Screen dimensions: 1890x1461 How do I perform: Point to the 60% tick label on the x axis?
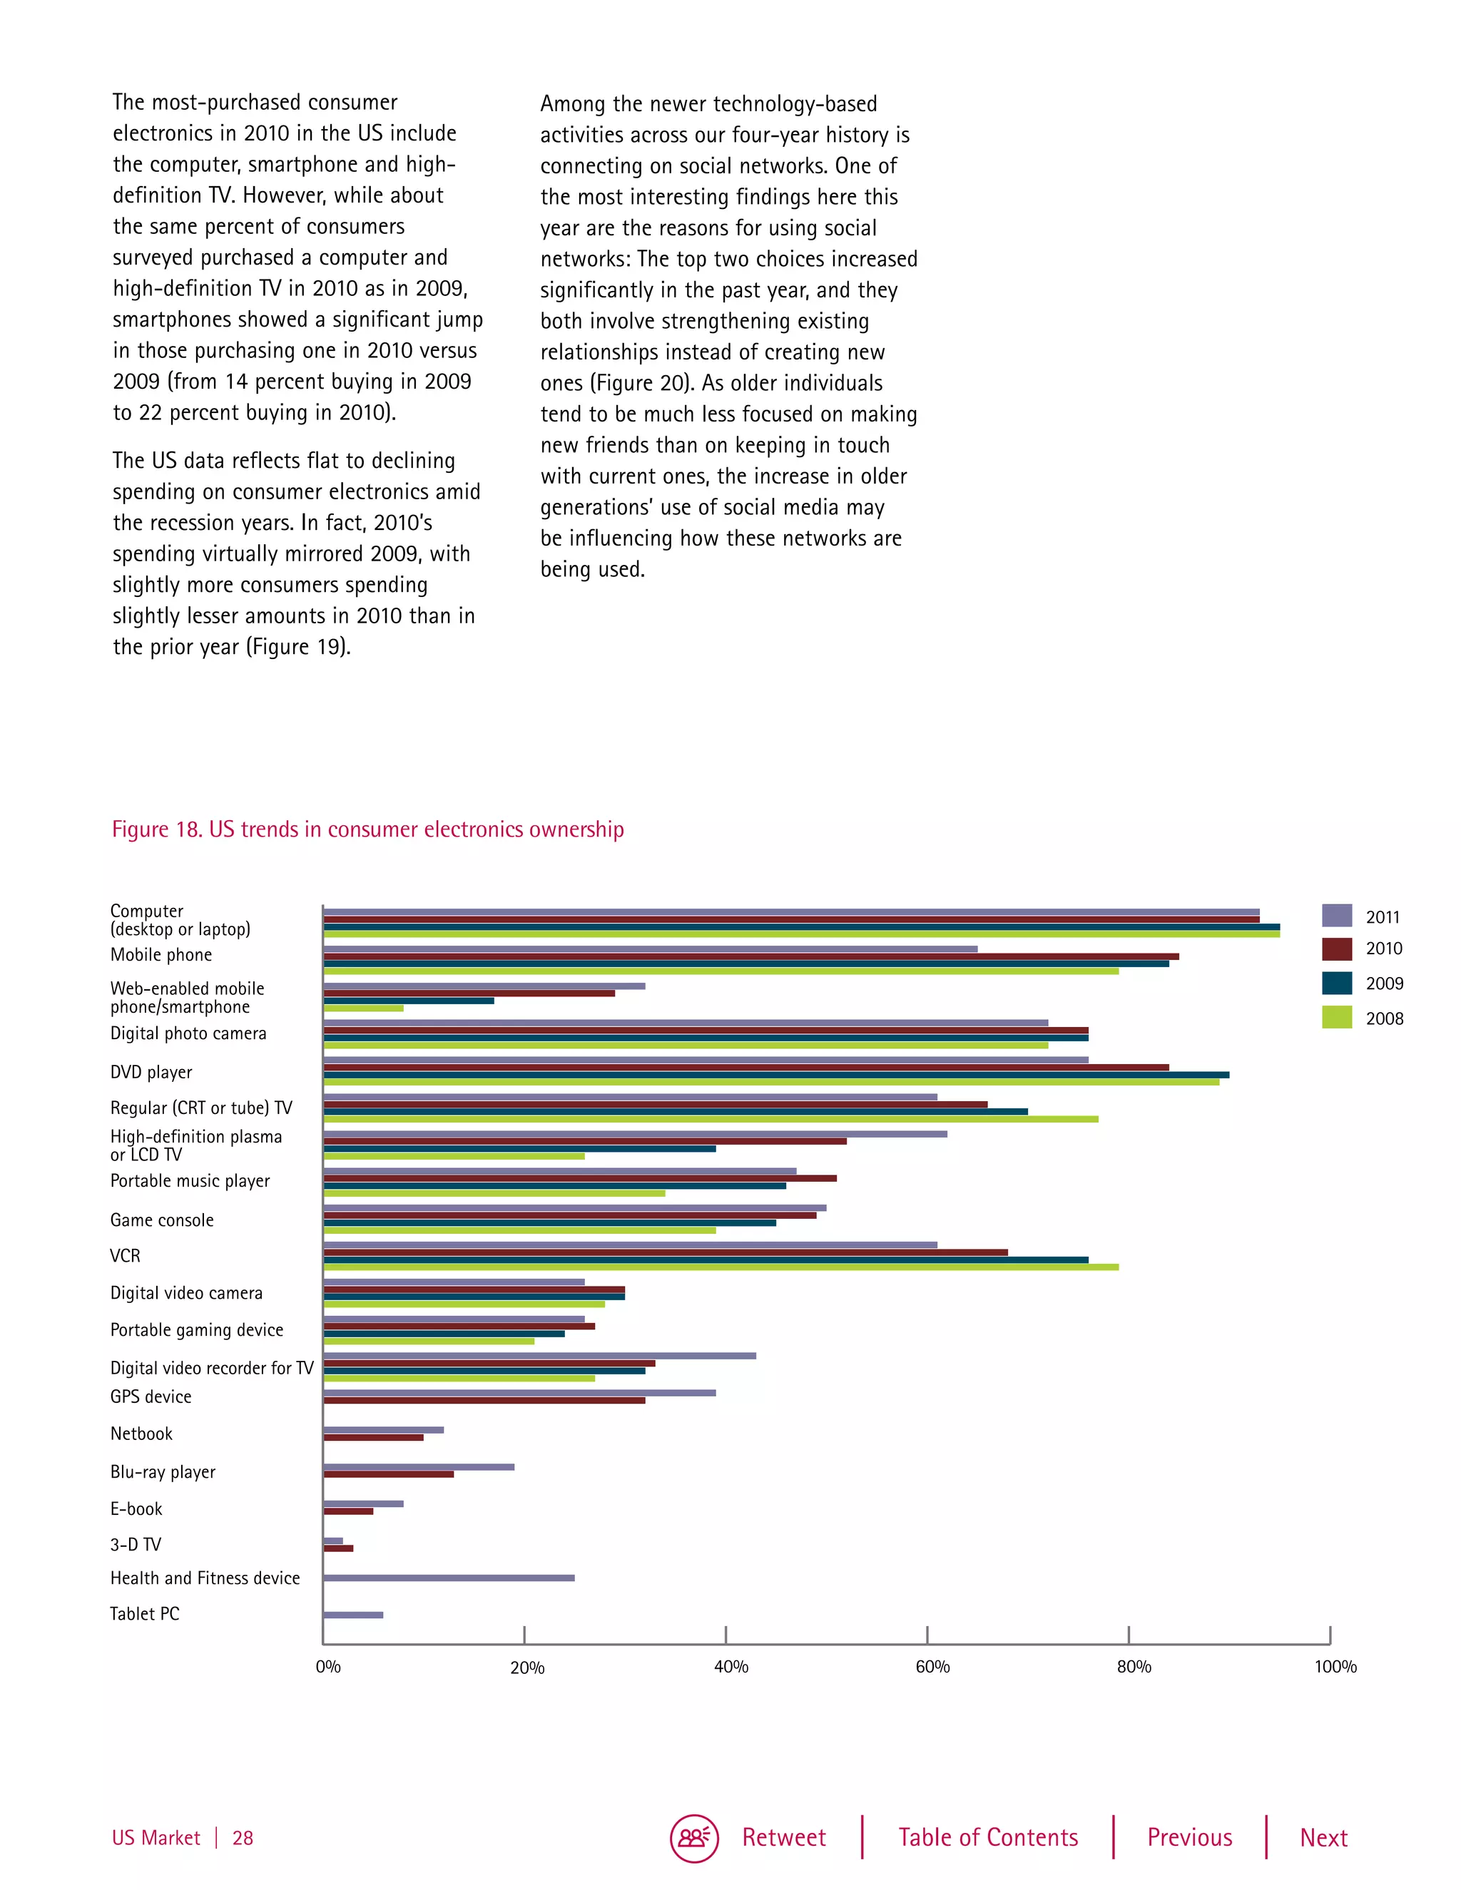[932, 1667]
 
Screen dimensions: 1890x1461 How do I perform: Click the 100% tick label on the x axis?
[1335, 1667]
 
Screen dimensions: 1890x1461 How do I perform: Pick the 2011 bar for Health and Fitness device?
[448, 1578]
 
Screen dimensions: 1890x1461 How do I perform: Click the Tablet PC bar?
[353, 1615]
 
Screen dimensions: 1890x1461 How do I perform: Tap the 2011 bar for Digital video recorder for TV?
[539, 1356]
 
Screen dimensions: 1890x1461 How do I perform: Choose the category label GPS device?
[151, 1396]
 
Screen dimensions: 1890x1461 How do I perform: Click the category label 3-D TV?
[136, 1545]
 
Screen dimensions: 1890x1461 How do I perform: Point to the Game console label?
[162, 1220]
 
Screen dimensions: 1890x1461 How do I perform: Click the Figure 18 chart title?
[368, 829]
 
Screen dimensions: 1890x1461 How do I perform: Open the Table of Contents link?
[987, 1837]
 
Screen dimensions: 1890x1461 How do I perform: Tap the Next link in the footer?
[1323, 1837]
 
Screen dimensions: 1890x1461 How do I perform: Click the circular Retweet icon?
[693, 1838]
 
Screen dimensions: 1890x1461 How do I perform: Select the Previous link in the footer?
[1189, 1837]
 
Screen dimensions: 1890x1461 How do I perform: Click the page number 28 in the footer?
[243, 1838]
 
